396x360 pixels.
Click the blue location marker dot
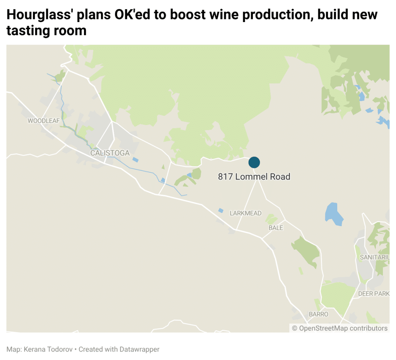click(x=254, y=162)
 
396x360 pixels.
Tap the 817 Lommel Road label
click(x=254, y=177)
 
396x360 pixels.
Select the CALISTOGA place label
click(x=110, y=153)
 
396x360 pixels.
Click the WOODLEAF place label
click(x=44, y=121)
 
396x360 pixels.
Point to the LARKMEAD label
click(x=246, y=213)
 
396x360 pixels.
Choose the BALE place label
click(x=276, y=228)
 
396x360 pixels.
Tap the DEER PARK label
click(x=374, y=293)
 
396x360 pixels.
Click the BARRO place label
click(x=318, y=314)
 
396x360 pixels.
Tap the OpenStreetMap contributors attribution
click(x=340, y=328)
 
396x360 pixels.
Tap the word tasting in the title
click(x=27, y=31)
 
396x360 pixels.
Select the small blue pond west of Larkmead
click(x=220, y=210)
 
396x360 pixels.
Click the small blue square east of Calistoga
click(x=135, y=159)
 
